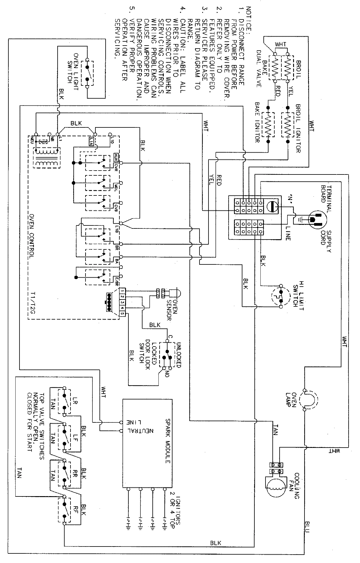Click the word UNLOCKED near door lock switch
[x=178, y=351]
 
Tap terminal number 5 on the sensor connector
[x=122, y=314]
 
